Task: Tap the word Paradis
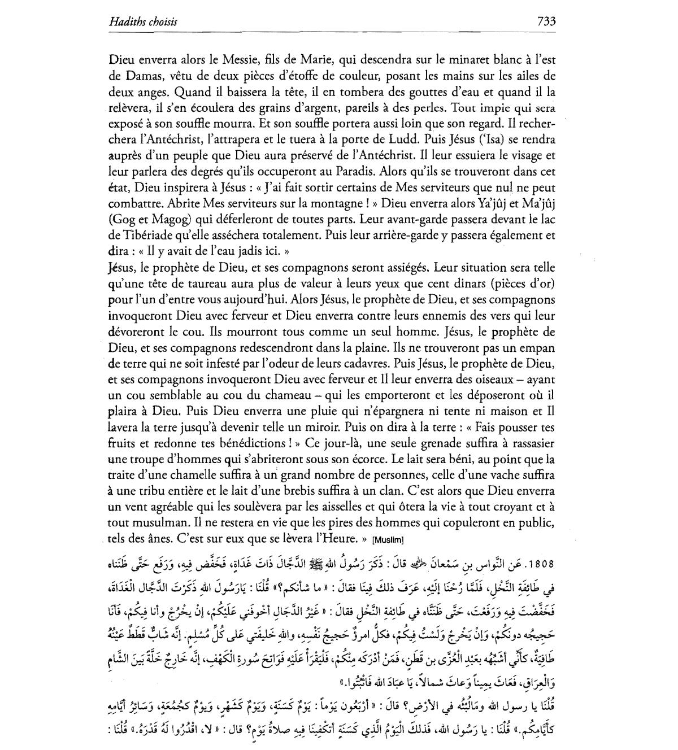(x=357, y=171)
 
